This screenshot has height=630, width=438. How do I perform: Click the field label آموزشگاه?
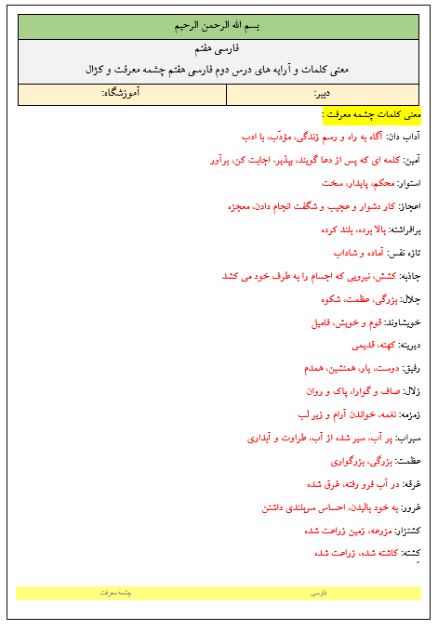click(x=120, y=94)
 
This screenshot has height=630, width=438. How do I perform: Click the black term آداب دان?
click(x=404, y=138)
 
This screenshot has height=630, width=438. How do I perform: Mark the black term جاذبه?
click(x=409, y=276)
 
